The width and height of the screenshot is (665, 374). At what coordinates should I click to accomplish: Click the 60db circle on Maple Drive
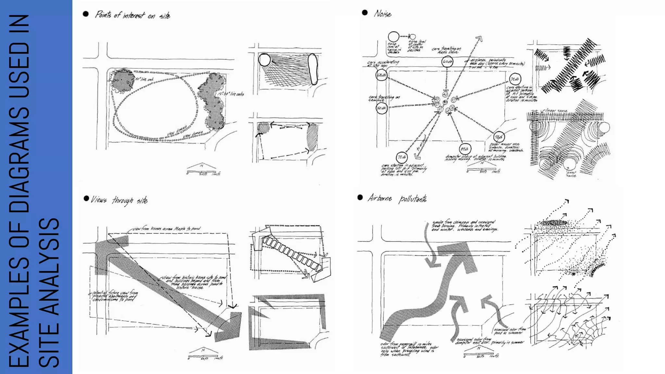pyautogui.click(x=447, y=62)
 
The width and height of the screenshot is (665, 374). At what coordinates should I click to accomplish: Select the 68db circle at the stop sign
pyautogui.click(x=382, y=75)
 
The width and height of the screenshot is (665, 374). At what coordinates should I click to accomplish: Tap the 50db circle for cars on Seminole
pyautogui.click(x=382, y=108)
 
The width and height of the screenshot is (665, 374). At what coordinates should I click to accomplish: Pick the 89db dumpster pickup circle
pyautogui.click(x=465, y=149)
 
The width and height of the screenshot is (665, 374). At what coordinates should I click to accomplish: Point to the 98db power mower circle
pyautogui.click(x=499, y=137)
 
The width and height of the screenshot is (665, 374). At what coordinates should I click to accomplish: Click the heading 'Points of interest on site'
pyautogui.click(x=132, y=15)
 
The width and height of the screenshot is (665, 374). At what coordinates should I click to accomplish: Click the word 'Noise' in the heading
pyautogui.click(x=383, y=14)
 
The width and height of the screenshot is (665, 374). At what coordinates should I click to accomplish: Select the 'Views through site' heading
pyautogui.click(x=119, y=200)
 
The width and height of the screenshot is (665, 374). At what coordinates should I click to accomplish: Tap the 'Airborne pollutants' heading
pyautogui.click(x=397, y=198)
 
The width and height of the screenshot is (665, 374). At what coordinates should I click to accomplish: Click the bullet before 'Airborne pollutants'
pyautogui.click(x=360, y=197)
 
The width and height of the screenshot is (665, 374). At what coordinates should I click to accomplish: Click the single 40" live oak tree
pyautogui.click(x=121, y=80)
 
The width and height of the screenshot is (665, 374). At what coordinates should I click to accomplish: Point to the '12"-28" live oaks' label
pyautogui.click(x=231, y=94)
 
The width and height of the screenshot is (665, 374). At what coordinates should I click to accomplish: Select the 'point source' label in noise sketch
pyautogui.click(x=571, y=174)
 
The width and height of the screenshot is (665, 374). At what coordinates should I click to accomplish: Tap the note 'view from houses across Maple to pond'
pyautogui.click(x=167, y=229)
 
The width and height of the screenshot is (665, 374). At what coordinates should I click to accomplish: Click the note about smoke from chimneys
pyautogui.click(x=464, y=226)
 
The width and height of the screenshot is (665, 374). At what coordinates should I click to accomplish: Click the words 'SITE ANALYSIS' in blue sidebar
pyautogui.click(x=49, y=292)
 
